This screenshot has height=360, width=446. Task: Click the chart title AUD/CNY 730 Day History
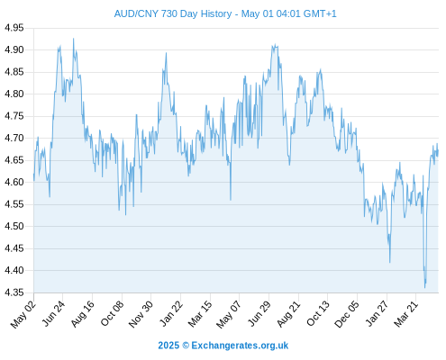point(173,13)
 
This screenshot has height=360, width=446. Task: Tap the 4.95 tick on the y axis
point(14,28)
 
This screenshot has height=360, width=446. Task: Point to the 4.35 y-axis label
point(14,292)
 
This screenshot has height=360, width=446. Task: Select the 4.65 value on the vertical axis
point(14,160)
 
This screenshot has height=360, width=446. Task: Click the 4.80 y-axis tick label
point(14,94)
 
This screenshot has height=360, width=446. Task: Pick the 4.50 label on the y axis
point(14,226)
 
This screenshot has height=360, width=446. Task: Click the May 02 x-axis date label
point(23,314)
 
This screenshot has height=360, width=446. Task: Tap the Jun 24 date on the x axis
point(53,314)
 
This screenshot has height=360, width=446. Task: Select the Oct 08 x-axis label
point(112,314)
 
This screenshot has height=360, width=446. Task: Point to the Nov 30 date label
point(141,314)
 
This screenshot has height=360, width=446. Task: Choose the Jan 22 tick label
point(171,314)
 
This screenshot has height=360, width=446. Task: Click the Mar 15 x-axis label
point(200,314)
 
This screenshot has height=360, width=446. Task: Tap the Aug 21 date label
point(288,314)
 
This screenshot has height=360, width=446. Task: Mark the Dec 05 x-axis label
point(347,314)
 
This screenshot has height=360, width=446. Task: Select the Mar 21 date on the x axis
point(405,314)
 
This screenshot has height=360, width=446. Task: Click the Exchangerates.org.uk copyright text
point(223,346)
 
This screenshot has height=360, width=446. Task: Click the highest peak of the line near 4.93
point(73,39)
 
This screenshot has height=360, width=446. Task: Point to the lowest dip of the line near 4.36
point(424,288)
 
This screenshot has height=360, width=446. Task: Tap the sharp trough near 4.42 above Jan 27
point(390,263)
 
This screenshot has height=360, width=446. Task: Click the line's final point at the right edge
point(438,150)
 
